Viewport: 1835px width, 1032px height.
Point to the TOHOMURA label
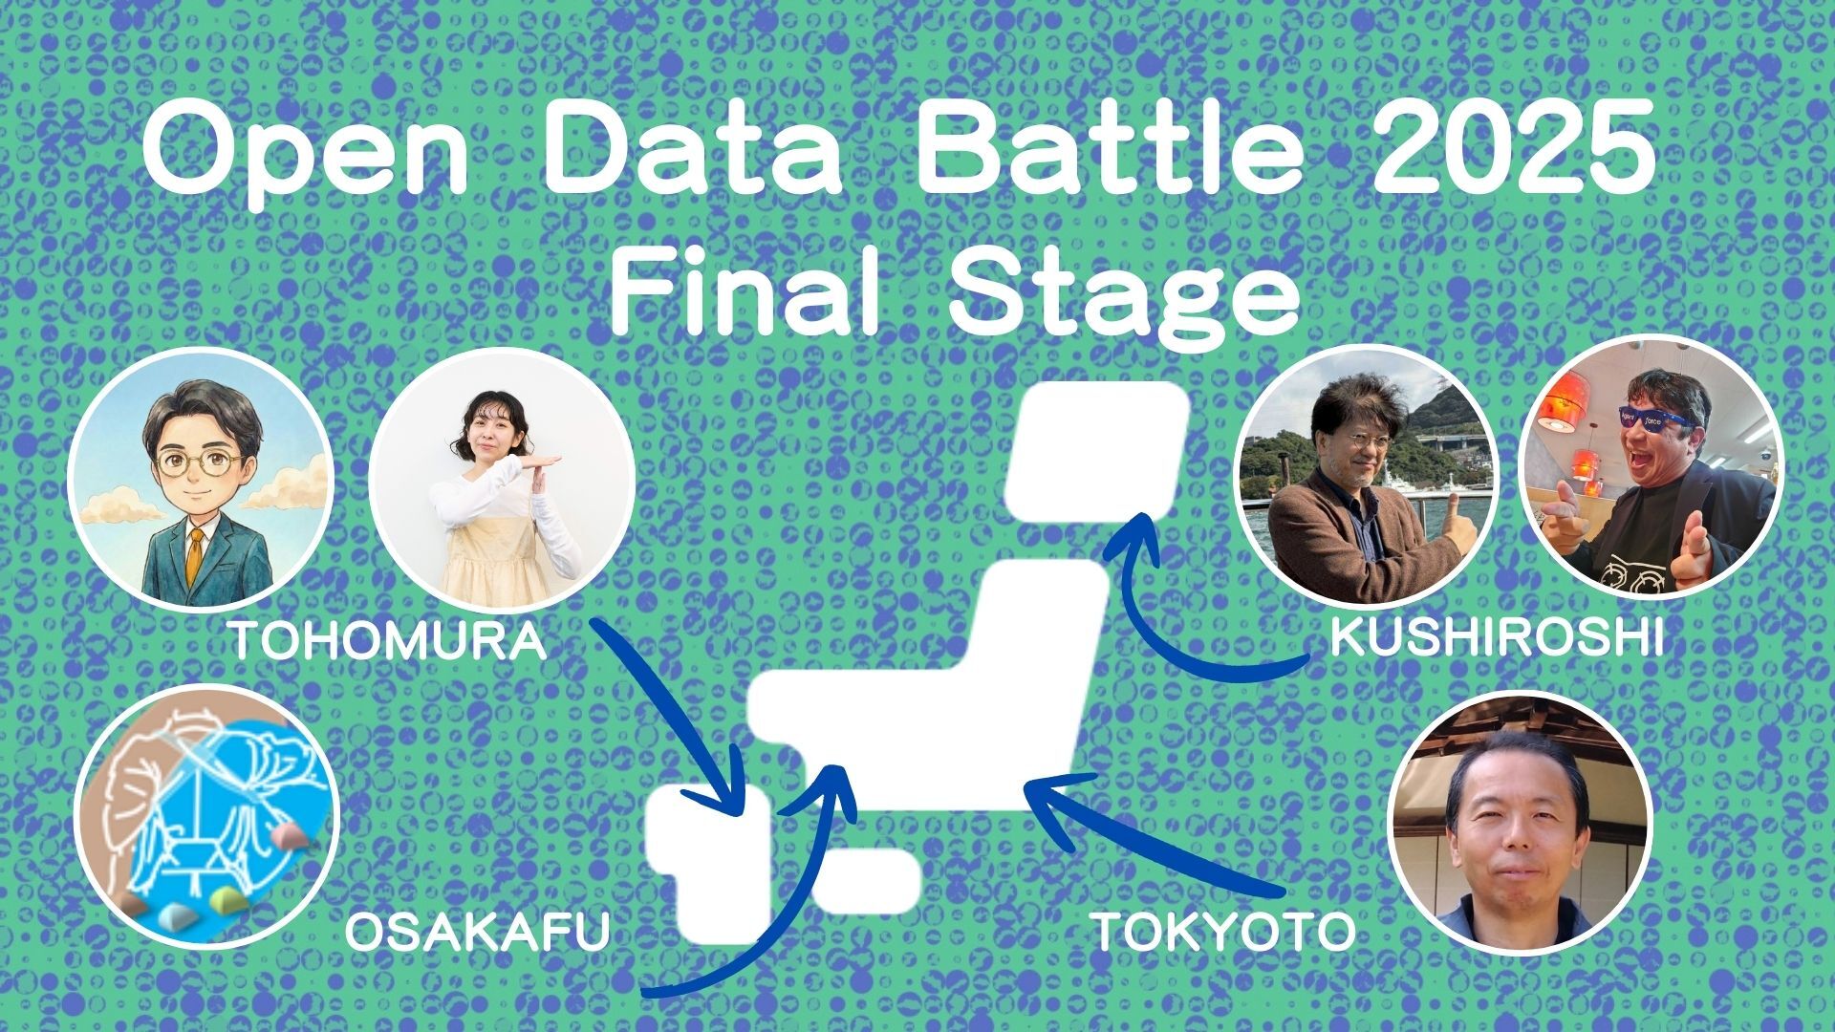[x=388, y=641]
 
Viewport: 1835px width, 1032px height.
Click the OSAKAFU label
[x=477, y=932]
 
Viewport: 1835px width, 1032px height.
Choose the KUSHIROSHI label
[x=1497, y=637]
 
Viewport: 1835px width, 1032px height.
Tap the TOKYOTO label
[x=1223, y=932]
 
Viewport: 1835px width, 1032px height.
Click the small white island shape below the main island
[x=866, y=877]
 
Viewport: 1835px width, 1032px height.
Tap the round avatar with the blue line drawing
[x=206, y=816]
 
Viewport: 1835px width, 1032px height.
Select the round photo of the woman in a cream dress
[x=502, y=481]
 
